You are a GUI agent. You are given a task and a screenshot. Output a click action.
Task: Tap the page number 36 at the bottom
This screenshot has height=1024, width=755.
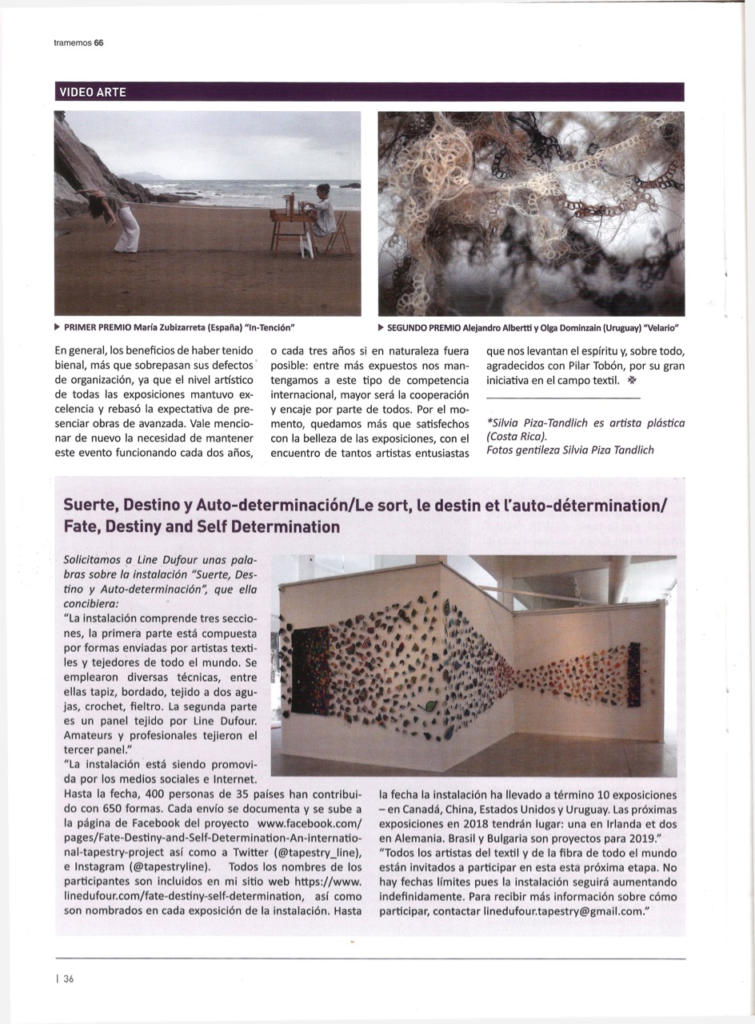69,978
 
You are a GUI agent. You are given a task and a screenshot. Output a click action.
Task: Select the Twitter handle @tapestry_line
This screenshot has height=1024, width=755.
304,852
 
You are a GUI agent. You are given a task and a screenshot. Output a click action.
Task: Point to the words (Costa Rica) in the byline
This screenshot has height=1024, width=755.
517,436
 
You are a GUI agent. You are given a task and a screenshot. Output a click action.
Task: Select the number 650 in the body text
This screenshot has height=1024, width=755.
106,807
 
